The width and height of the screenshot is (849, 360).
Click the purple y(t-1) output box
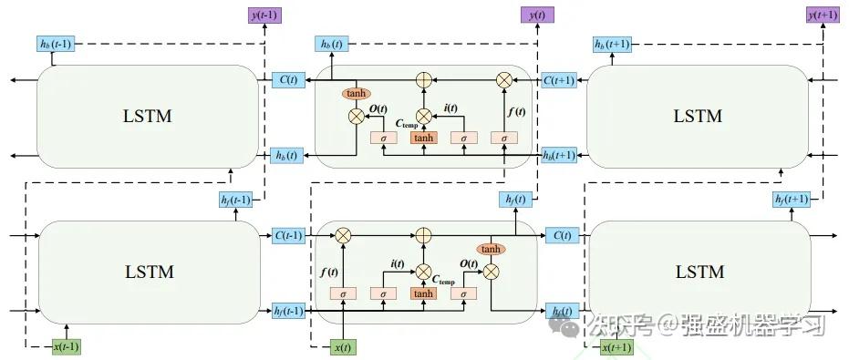coord(264,15)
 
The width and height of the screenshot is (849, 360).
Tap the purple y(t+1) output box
coord(823,15)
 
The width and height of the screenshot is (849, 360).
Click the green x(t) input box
coord(343,346)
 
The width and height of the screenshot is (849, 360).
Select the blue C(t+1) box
coord(559,80)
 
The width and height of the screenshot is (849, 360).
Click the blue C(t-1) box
coord(289,235)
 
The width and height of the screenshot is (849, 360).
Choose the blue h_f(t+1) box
coord(791,200)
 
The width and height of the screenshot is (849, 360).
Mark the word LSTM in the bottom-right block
coord(699,272)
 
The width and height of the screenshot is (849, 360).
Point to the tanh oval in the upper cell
coord(356,94)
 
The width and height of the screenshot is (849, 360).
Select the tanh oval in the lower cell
coord(491,249)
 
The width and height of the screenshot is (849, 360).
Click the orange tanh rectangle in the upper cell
coord(423,138)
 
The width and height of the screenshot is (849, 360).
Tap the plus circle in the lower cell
coord(423,235)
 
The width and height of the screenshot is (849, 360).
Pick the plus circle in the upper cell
coord(423,80)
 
